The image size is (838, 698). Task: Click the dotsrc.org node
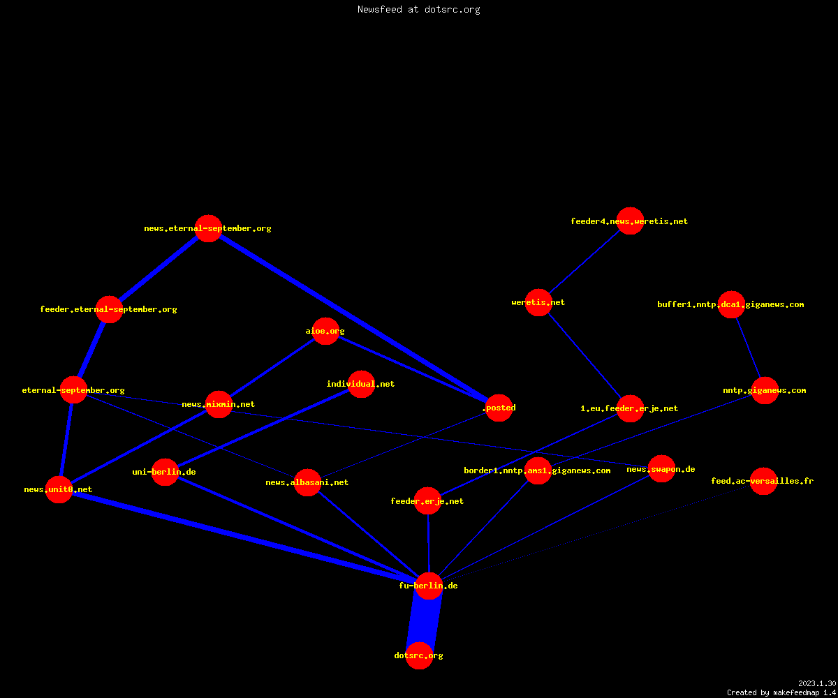pyautogui.click(x=420, y=655)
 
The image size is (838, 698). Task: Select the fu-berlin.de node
pyautogui.click(x=429, y=586)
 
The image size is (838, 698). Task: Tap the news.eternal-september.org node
pyautogui.click(x=208, y=229)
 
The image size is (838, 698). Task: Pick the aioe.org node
pyautogui.click(x=325, y=332)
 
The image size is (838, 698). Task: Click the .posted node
pyautogui.click(x=499, y=408)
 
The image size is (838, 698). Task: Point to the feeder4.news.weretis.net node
pyautogui.click(x=630, y=221)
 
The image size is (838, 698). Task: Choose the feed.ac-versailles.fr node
pyautogui.click(x=763, y=481)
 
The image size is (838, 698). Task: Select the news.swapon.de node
pyautogui.click(x=661, y=469)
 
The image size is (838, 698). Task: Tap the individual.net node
pyautogui.click(x=361, y=384)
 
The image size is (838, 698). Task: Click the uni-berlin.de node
pyautogui.click(x=165, y=472)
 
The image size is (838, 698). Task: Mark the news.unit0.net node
pyautogui.click(x=59, y=489)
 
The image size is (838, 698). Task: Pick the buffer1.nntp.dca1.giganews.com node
pyautogui.click(x=731, y=304)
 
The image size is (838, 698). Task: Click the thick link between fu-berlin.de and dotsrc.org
pyautogui.click(x=424, y=621)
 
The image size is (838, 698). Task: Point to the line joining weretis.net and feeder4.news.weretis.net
pyautogui.click(x=585, y=262)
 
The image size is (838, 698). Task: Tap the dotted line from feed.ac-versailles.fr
pyautogui.click(x=596, y=533)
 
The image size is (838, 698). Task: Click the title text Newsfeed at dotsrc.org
pyautogui.click(x=418, y=10)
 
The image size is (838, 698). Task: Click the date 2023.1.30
pyautogui.click(x=817, y=683)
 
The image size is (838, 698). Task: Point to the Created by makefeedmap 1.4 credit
pyautogui.click(x=781, y=693)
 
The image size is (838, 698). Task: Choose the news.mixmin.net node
pyautogui.click(x=219, y=404)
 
